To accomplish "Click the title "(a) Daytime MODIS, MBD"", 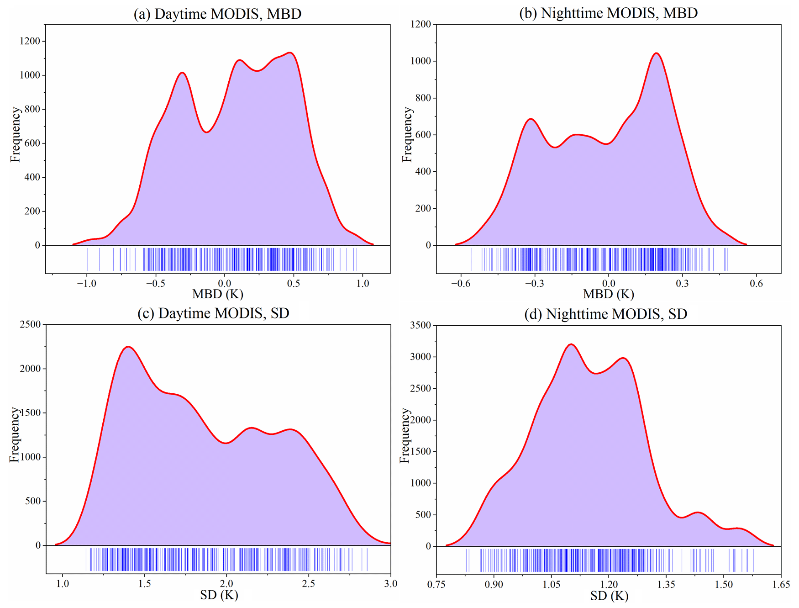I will pos(217,14).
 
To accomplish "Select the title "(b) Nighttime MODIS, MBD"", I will pos(608,13).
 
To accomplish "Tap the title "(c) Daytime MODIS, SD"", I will pos(213,313).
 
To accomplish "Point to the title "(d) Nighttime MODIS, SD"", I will pos(616,314).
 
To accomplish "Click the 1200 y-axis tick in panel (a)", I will pos(30,41).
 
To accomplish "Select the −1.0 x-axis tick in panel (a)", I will pos(86,283).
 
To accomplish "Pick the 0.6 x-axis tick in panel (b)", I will pos(756,283).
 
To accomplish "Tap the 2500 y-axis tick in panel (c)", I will pos(30,324).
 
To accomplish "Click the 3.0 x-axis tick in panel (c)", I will pos(390,584).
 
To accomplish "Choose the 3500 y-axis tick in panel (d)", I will pos(421,325).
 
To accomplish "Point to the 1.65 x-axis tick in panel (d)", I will pos(781,584).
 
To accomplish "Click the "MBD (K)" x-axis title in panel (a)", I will pos(218,294).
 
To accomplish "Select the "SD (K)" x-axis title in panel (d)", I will pos(609,596).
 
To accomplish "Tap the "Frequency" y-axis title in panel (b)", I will pos(407,134).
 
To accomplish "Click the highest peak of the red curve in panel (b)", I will pos(657,53).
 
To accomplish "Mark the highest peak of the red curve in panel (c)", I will pos(128,347).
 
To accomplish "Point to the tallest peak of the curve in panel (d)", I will pos(571,344).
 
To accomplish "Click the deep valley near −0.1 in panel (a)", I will pos(206,132).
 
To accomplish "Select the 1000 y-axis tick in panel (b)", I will pos(421,61).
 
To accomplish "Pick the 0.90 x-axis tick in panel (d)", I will pos(494,584).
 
